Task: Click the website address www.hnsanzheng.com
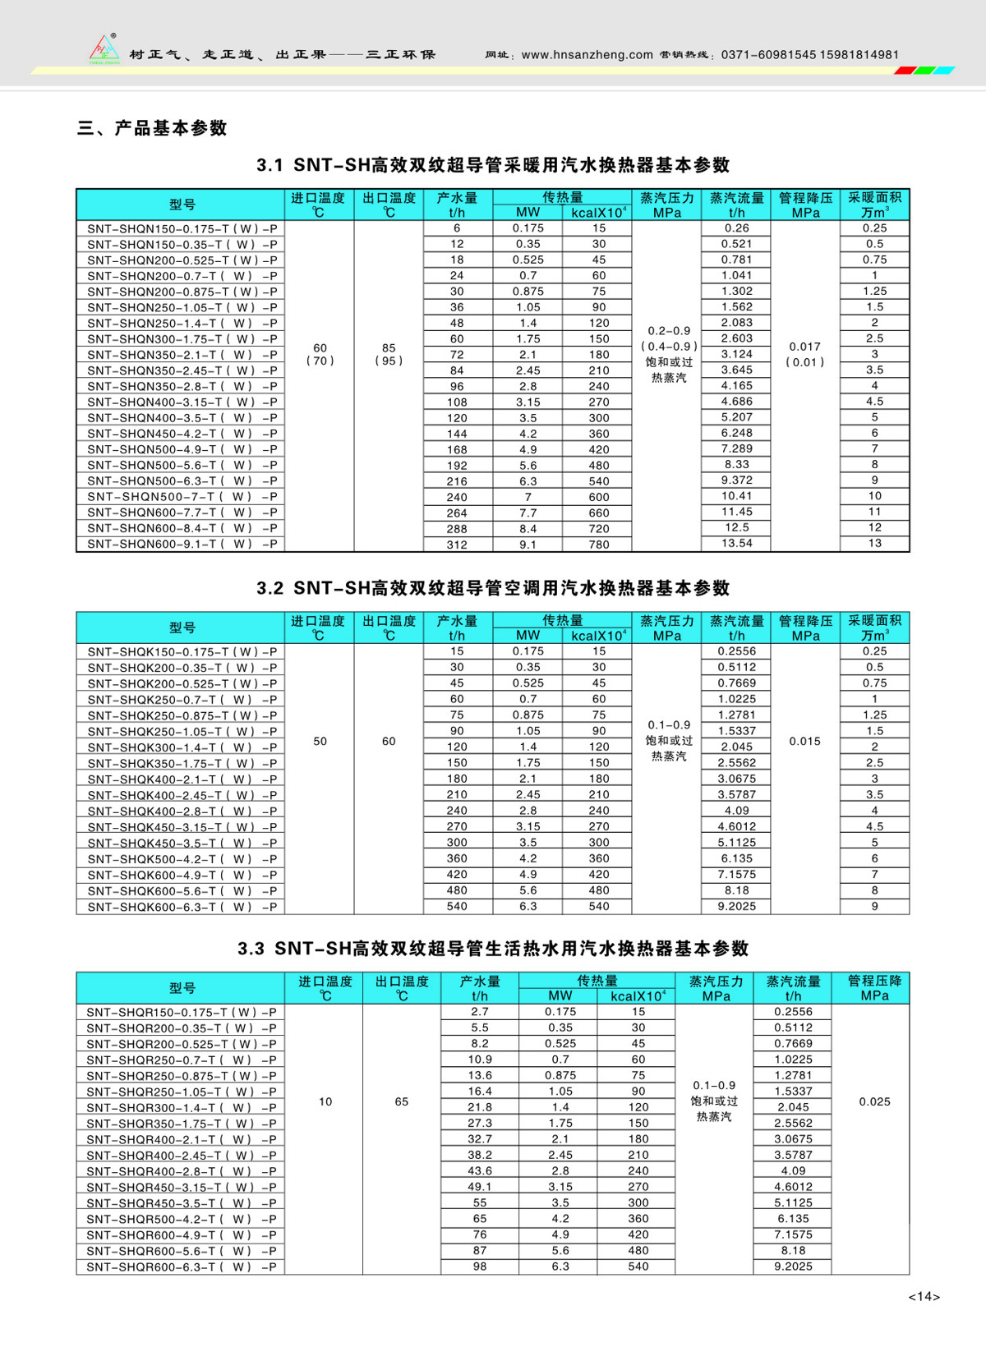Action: pyautogui.click(x=587, y=55)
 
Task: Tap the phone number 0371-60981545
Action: pyautogui.click(x=768, y=55)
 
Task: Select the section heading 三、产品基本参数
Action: pyautogui.click(x=152, y=128)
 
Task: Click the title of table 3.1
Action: pyautogui.click(x=493, y=165)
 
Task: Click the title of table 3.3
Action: pyautogui.click(x=493, y=949)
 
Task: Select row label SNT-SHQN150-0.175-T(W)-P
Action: pyautogui.click(x=182, y=228)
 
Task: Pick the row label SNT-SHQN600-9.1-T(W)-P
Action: pyautogui.click(x=182, y=544)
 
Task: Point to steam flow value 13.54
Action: pyautogui.click(x=736, y=543)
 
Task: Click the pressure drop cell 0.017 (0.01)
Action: pyautogui.click(x=805, y=354)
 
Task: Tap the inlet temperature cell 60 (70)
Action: pyautogui.click(x=320, y=354)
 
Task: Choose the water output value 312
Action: pyautogui.click(x=457, y=544)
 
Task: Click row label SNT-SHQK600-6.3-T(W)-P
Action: pyautogui.click(x=182, y=907)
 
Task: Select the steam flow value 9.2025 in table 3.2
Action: pyautogui.click(x=736, y=906)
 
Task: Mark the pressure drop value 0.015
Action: pyautogui.click(x=805, y=741)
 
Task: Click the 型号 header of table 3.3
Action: pyautogui.click(x=182, y=988)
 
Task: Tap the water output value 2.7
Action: pyautogui.click(x=480, y=1012)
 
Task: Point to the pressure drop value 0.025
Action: pyautogui.click(x=874, y=1101)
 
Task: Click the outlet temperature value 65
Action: pyautogui.click(x=401, y=1101)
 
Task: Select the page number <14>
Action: pyautogui.click(x=924, y=1296)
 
